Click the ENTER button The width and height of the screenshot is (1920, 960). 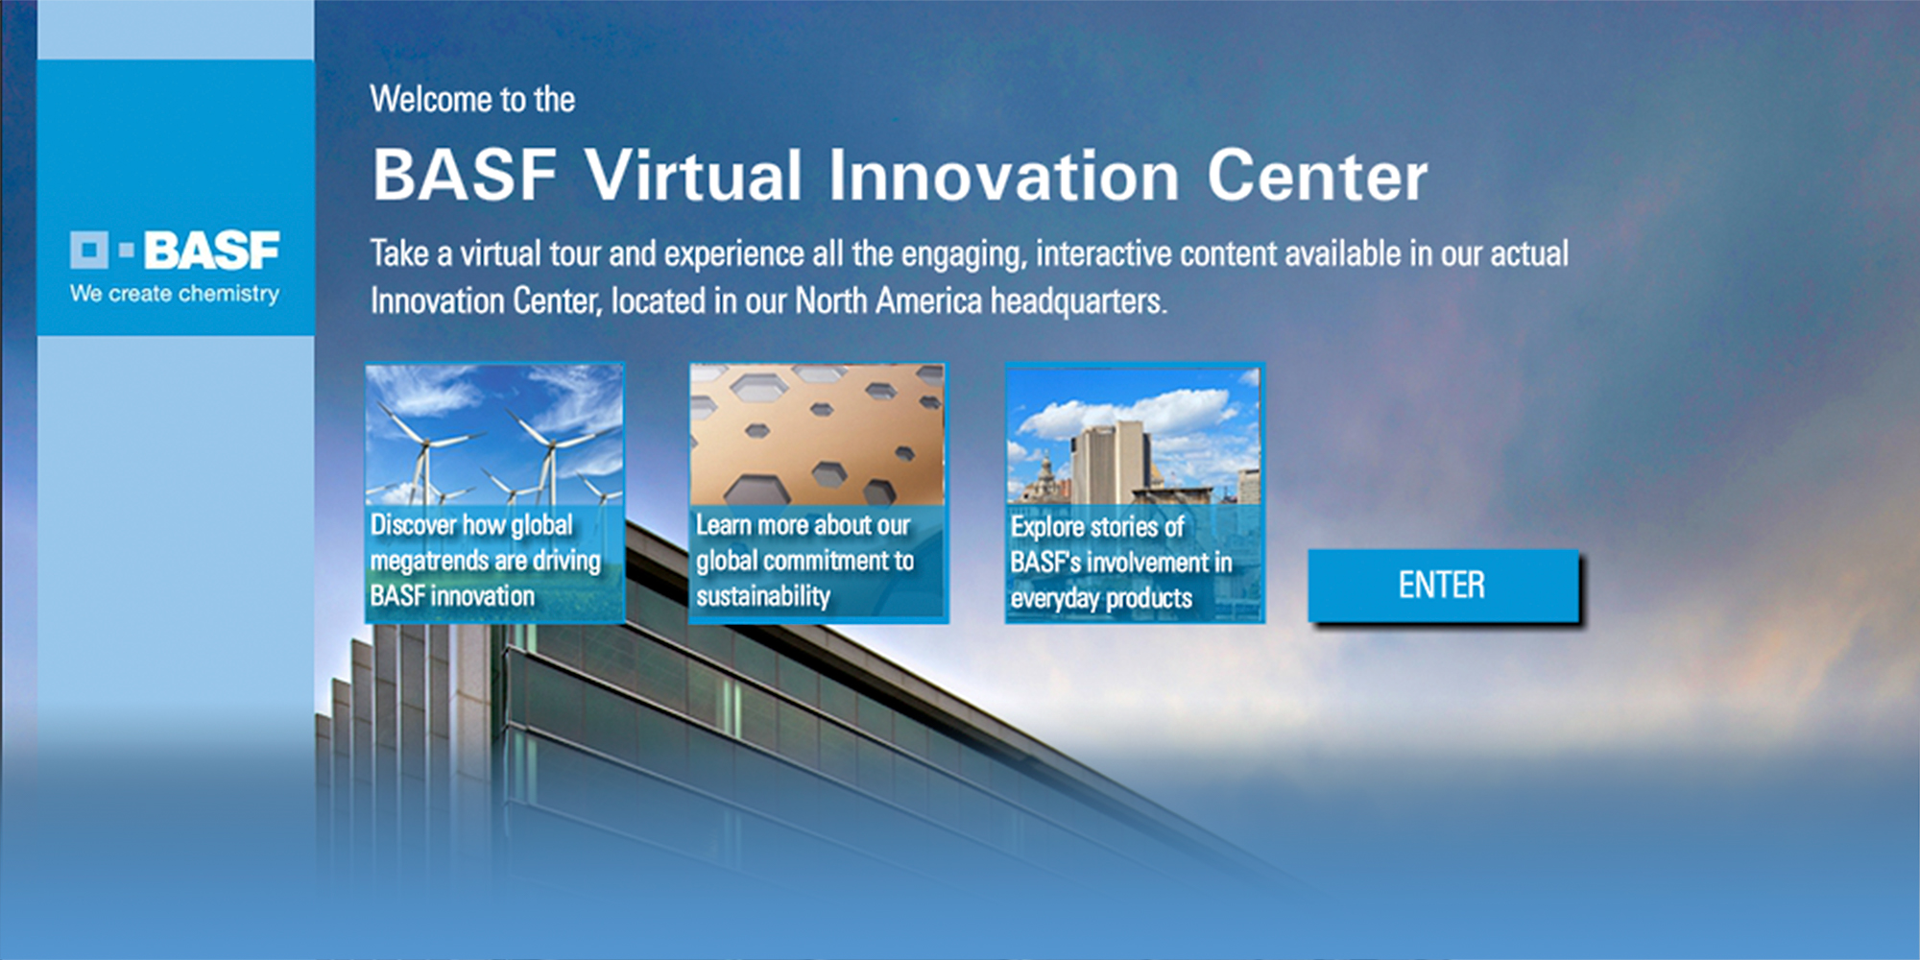point(1442,586)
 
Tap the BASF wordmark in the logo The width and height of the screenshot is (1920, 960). point(211,251)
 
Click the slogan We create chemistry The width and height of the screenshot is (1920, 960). point(175,294)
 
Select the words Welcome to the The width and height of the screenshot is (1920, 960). point(472,99)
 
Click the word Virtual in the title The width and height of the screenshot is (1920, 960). point(693,176)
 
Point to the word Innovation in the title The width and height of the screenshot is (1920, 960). point(1003,176)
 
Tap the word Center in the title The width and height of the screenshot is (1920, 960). point(1316,176)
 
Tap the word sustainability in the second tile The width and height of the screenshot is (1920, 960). point(763,596)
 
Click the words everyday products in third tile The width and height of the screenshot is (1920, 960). point(1101,599)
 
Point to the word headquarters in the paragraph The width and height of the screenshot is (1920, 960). point(1077,301)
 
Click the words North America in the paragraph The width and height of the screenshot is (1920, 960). point(888,301)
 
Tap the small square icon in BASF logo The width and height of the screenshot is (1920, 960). point(89,251)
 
